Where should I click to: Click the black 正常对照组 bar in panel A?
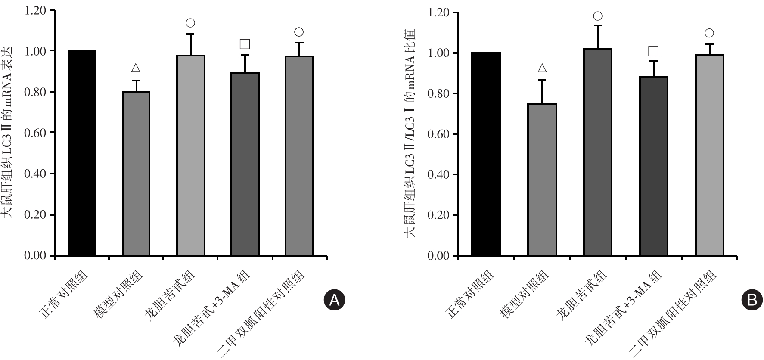click(82, 153)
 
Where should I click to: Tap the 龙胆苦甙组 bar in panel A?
click(191, 155)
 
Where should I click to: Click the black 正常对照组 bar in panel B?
click(486, 154)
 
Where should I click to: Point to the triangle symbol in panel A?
click(136, 68)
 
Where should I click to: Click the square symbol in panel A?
click(245, 44)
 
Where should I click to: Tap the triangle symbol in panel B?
click(542, 68)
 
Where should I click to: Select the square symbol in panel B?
click(653, 51)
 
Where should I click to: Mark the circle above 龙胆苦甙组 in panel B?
click(597, 16)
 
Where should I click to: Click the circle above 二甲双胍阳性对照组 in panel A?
click(299, 32)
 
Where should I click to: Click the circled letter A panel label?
click(334, 301)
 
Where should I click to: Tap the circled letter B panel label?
click(752, 300)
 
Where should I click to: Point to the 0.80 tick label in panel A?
click(35, 92)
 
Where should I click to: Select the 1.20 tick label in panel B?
click(439, 13)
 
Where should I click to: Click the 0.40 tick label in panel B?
click(439, 175)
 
